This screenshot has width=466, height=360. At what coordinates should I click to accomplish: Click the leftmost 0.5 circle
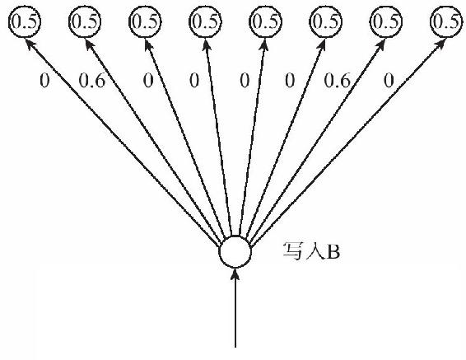click(25, 21)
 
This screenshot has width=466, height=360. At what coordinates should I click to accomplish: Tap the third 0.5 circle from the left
click(145, 21)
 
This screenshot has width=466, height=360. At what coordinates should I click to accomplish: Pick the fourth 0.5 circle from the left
click(205, 21)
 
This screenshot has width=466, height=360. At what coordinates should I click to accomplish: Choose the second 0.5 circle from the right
click(386, 21)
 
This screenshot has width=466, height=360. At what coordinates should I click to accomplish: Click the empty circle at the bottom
click(235, 252)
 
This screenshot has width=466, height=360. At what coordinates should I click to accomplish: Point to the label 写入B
click(311, 252)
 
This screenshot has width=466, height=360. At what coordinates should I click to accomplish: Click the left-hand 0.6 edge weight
click(92, 81)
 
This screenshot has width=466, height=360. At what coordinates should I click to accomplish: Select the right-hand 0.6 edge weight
click(337, 81)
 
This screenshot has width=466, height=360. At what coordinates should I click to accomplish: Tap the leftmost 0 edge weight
click(44, 81)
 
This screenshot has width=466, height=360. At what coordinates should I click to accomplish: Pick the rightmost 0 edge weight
click(389, 81)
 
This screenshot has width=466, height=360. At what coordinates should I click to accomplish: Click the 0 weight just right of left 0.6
click(148, 81)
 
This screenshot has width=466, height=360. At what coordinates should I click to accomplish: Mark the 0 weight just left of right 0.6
click(290, 81)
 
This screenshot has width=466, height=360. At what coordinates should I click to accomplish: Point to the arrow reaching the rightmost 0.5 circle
click(348, 143)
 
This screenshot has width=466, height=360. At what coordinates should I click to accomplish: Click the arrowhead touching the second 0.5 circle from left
click(90, 44)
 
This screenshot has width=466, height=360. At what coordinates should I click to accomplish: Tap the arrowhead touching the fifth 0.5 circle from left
click(264, 44)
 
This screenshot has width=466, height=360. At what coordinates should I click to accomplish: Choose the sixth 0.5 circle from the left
click(326, 21)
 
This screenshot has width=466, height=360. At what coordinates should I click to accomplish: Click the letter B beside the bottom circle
click(333, 253)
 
